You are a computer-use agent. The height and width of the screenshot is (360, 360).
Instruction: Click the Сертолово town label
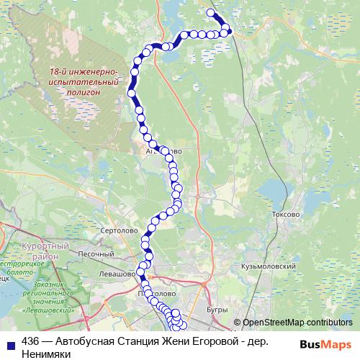(x=120, y=230)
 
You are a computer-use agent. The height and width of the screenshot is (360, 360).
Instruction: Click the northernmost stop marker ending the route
(x=211, y=12)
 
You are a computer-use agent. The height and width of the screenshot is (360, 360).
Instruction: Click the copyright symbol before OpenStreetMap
(x=237, y=323)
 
